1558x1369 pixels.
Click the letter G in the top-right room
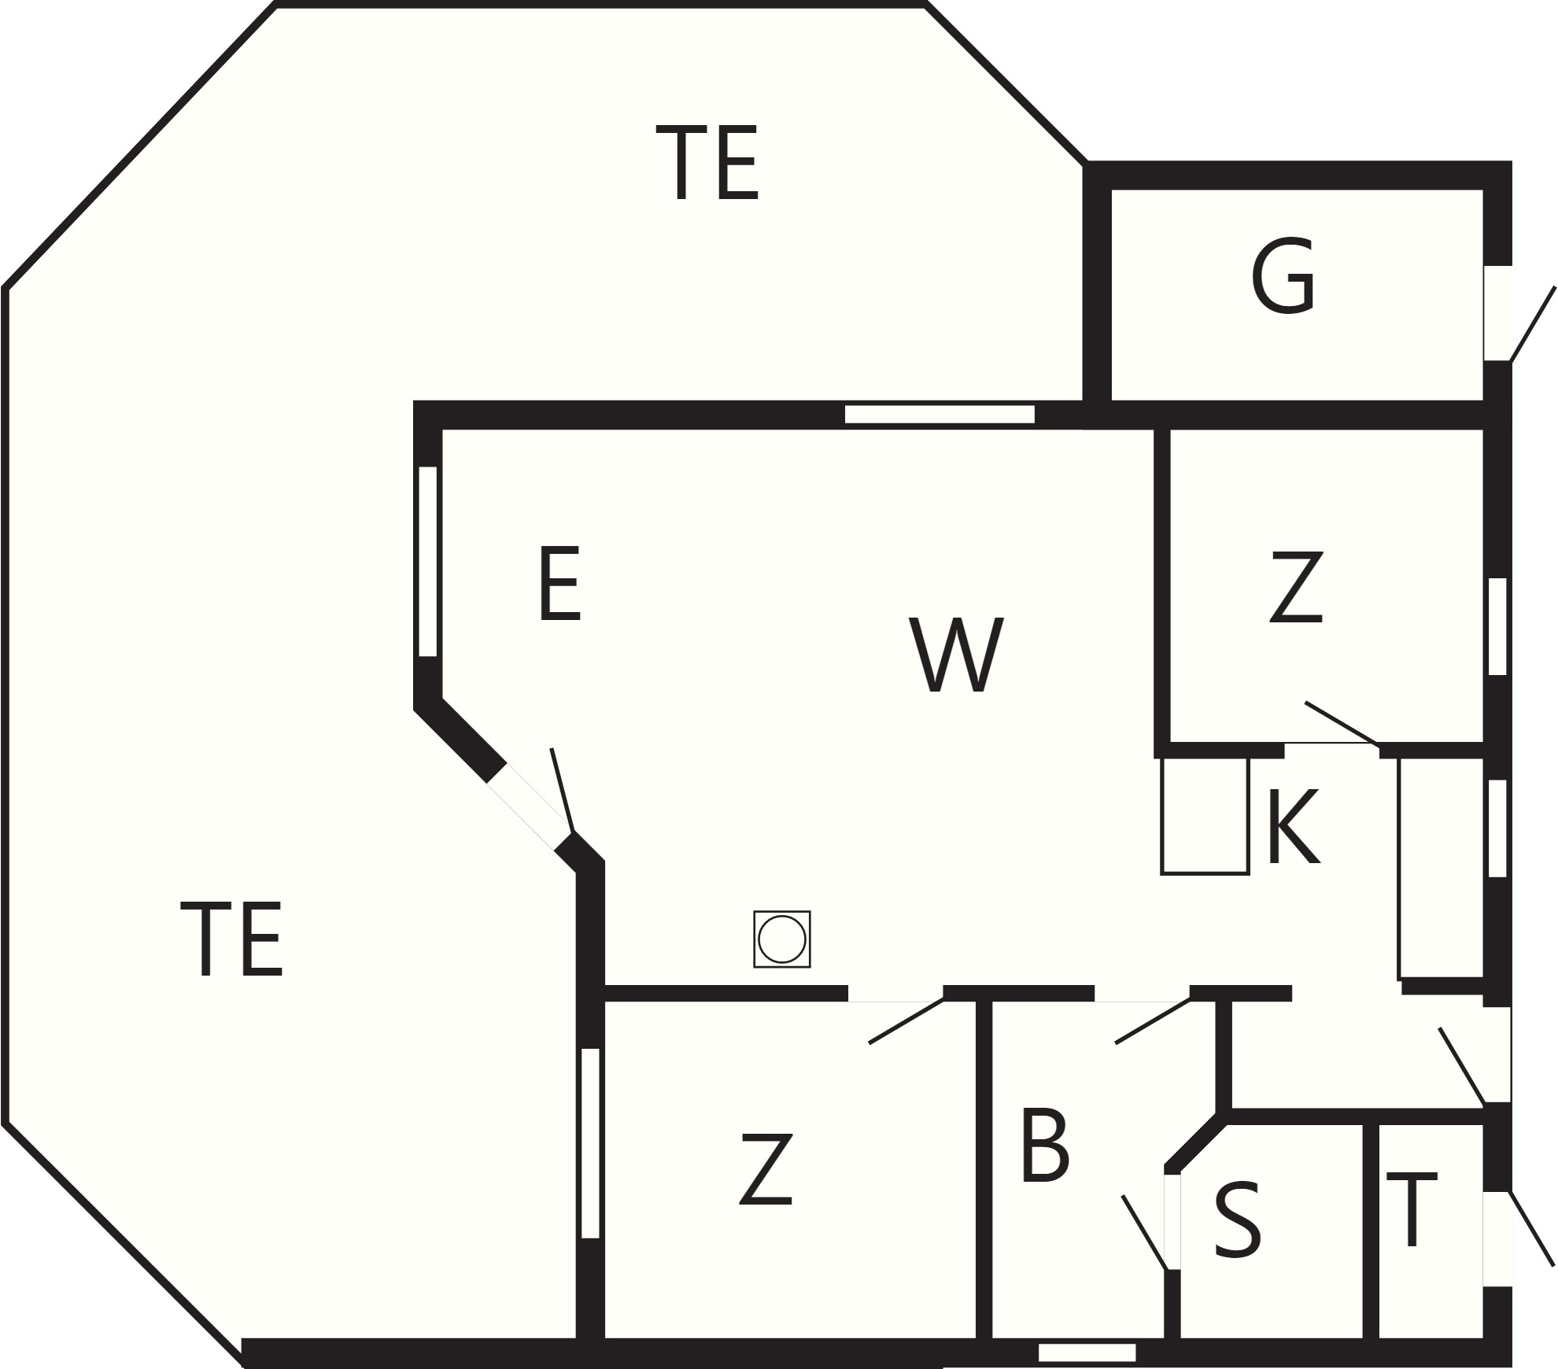tap(1283, 276)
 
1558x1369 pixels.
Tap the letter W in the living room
tap(956, 655)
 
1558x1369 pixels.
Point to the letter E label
tap(559, 583)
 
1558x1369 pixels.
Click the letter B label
tap(1045, 1145)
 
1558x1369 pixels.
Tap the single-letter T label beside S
tap(1411, 1210)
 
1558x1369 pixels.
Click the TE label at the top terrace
tap(707, 162)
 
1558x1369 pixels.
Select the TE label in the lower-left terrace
tap(231, 939)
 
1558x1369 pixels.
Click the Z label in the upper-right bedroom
tap(1296, 587)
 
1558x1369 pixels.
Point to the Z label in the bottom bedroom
tap(766, 1168)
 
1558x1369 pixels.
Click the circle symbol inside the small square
tap(782, 939)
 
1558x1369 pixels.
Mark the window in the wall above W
tap(940, 415)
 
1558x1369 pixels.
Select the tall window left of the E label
tap(427, 561)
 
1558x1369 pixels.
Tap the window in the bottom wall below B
tap(1087, 1352)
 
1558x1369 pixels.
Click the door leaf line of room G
tap(1532, 324)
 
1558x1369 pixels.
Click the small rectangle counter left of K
tap(1205, 815)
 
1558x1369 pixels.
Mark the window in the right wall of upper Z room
tap(1497, 626)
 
